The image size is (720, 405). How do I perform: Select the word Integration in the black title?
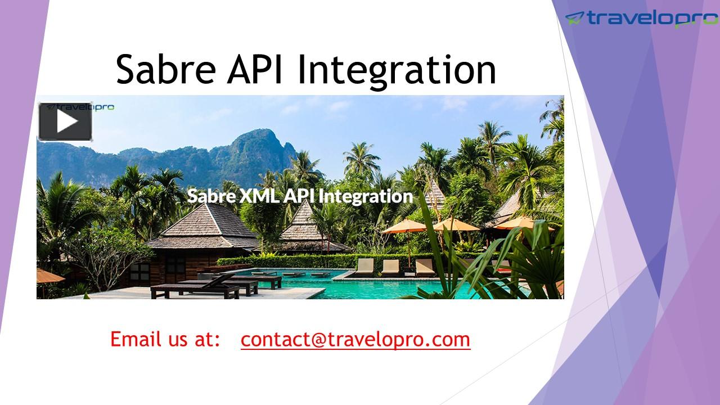396,70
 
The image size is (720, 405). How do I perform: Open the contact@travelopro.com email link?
355,339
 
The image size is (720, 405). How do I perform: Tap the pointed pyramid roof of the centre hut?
304,217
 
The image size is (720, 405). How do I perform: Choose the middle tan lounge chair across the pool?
390,265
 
